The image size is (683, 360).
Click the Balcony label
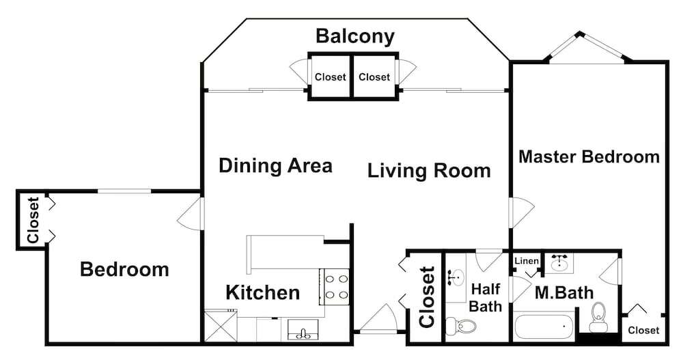(x=355, y=37)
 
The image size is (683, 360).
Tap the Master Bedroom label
(x=589, y=156)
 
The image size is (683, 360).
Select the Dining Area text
(x=275, y=165)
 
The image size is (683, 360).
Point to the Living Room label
(x=429, y=170)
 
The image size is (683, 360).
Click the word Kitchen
(x=263, y=292)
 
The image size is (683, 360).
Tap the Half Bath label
(x=486, y=297)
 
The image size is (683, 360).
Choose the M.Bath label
(x=563, y=292)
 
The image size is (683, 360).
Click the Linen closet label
(x=527, y=261)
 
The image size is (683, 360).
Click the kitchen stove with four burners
(x=335, y=286)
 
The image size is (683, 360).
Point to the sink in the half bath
(x=456, y=277)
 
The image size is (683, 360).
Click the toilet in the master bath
(x=598, y=317)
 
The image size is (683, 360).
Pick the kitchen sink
(x=303, y=329)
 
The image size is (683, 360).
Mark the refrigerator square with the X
(x=221, y=326)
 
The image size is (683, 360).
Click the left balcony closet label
(x=330, y=77)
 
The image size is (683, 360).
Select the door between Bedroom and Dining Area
(x=191, y=213)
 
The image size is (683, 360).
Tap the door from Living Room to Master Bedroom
(x=521, y=212)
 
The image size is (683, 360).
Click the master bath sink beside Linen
(x=559, y=263)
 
